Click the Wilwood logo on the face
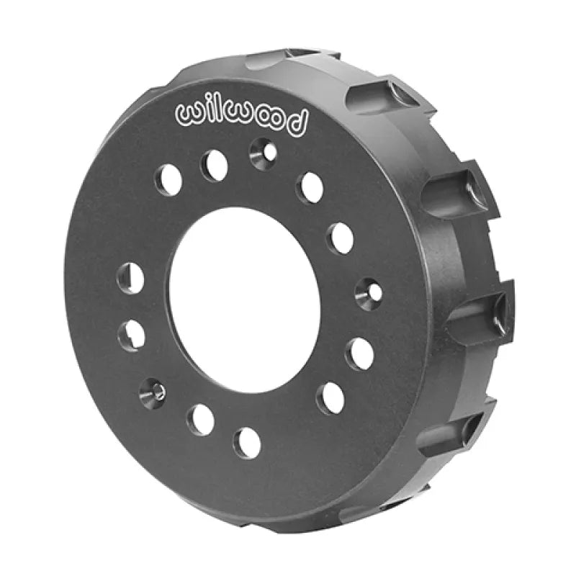tap(241, 117)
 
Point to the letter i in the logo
tap(206, 110)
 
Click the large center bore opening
tap(244, 300)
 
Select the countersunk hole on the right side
tap(369, 292)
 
